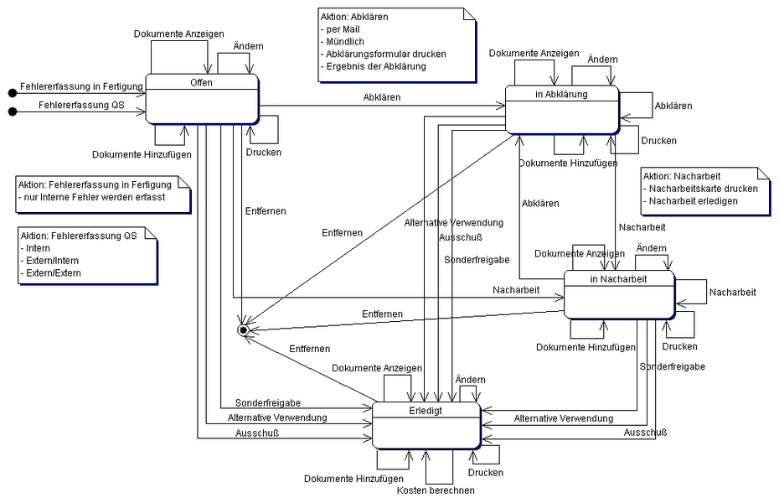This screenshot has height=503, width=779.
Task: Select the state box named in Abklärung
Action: (561, 109)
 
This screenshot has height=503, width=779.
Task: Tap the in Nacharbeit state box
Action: (618, 294)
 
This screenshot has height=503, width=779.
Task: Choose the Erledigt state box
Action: (426, 424)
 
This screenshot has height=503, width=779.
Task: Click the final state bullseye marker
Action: (243, 330)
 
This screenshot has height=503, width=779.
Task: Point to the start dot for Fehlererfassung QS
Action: (12, 111)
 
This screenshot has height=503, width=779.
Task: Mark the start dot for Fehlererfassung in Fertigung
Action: (12, 91)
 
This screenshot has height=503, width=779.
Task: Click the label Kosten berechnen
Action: (436, 490)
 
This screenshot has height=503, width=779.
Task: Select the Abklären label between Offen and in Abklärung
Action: (382, 97)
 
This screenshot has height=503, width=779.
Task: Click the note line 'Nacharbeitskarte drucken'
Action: (703, 189)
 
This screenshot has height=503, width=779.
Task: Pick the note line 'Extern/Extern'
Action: (51, 273)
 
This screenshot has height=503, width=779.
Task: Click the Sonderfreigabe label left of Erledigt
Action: (268, 402)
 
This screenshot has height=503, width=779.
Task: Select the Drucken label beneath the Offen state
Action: (264, 152)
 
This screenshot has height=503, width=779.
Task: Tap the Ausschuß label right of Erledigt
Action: (645, 433)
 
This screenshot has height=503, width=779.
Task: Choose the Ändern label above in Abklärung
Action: (602, 60)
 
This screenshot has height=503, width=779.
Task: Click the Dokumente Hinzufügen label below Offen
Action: (142, 154)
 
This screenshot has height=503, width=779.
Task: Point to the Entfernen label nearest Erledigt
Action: (309, 348)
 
